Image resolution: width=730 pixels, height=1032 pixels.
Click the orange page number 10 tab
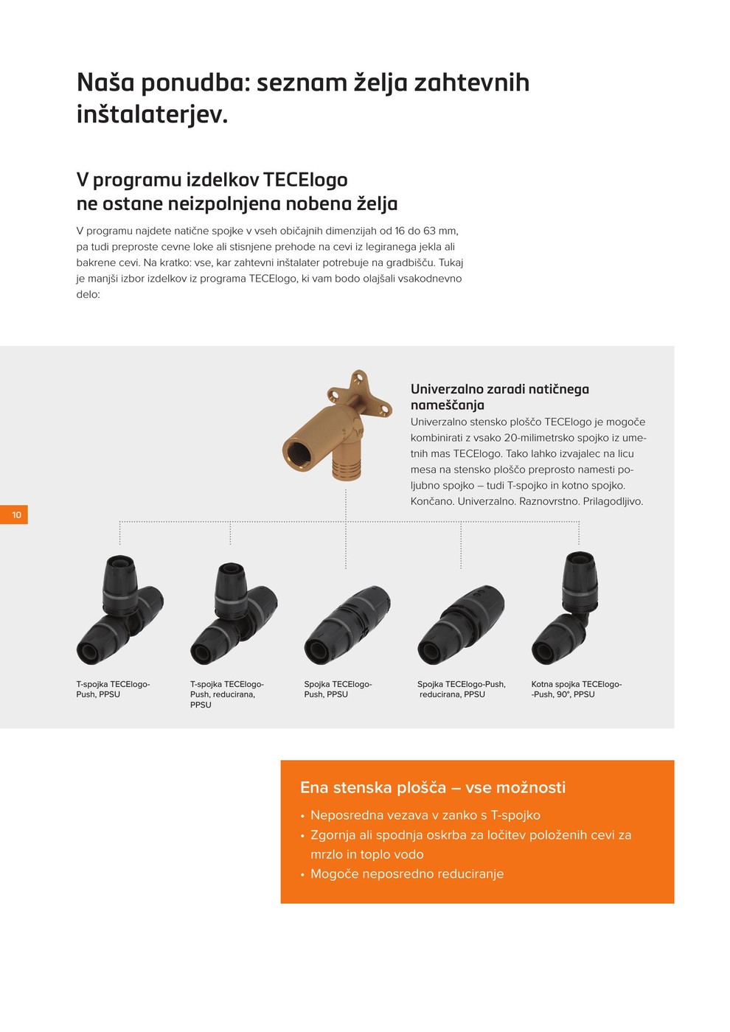13,515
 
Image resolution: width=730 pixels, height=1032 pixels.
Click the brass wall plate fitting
337,425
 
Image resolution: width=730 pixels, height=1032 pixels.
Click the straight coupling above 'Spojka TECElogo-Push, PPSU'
347,625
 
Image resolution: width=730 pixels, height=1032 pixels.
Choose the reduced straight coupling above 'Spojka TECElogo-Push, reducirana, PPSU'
461,625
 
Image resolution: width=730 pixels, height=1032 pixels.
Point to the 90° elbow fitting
568,608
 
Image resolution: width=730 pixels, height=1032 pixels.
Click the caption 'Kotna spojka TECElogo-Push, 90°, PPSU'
577,689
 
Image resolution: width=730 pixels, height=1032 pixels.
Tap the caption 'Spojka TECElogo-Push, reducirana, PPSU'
462,689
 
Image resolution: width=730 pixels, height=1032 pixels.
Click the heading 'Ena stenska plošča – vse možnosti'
433,787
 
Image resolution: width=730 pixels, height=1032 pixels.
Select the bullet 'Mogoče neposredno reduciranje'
407,874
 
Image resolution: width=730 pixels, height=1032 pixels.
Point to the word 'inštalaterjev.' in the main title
152,115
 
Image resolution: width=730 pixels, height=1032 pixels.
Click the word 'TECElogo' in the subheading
305,180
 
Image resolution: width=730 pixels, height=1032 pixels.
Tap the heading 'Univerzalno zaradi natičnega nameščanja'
500,397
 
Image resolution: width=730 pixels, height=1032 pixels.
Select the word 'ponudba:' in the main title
195,83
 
